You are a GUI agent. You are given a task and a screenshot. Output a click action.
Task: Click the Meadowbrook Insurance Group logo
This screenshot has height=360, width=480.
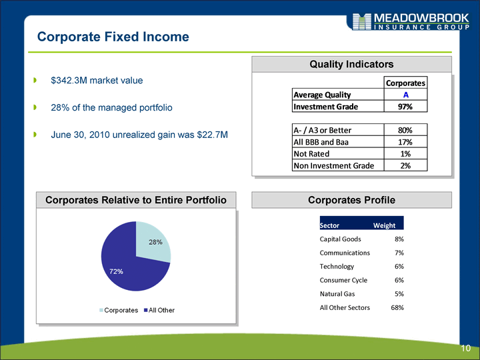411,21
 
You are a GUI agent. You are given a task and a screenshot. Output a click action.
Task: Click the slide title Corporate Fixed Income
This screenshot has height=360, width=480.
113,37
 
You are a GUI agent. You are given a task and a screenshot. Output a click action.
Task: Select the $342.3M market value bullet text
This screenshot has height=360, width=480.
97,81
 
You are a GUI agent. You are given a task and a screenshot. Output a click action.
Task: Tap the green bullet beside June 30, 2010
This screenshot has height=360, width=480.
35,135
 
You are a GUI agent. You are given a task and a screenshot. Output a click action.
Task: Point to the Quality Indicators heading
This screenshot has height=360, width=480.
351,64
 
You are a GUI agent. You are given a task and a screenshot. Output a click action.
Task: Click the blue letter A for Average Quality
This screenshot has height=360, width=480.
405,95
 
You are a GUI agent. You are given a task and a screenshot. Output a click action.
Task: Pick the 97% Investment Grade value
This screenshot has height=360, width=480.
405,107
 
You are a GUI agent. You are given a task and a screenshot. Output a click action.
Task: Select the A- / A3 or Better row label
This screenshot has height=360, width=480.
323,130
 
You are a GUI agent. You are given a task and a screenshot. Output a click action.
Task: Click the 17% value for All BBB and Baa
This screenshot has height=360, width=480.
405,142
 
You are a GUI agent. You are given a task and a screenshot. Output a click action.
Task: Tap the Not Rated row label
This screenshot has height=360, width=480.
311,154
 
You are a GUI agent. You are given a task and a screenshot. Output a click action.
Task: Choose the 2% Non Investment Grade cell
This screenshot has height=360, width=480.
405,165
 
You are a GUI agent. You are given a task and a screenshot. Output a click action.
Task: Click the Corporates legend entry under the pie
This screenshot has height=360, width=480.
119,310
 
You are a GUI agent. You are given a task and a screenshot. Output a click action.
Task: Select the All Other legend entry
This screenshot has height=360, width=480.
159,310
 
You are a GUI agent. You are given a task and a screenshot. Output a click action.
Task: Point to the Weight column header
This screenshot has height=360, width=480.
384,225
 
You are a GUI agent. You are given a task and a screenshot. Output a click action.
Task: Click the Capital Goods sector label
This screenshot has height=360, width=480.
340,239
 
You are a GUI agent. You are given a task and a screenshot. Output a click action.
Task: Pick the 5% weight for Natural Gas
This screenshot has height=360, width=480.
399,294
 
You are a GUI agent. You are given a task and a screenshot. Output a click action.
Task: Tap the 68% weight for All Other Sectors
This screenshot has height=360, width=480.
397,307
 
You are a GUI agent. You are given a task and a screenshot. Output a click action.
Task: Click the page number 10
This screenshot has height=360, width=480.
465,348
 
